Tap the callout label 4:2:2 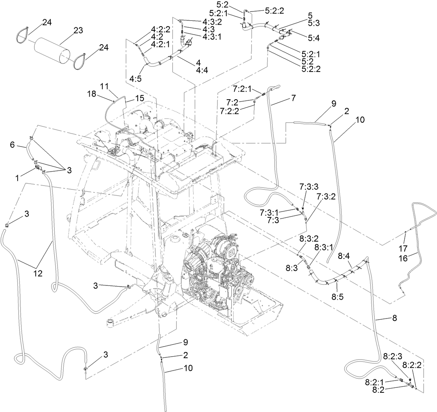click(161, 28)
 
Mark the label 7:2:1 click(242, 88)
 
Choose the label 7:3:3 click(309, 186)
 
